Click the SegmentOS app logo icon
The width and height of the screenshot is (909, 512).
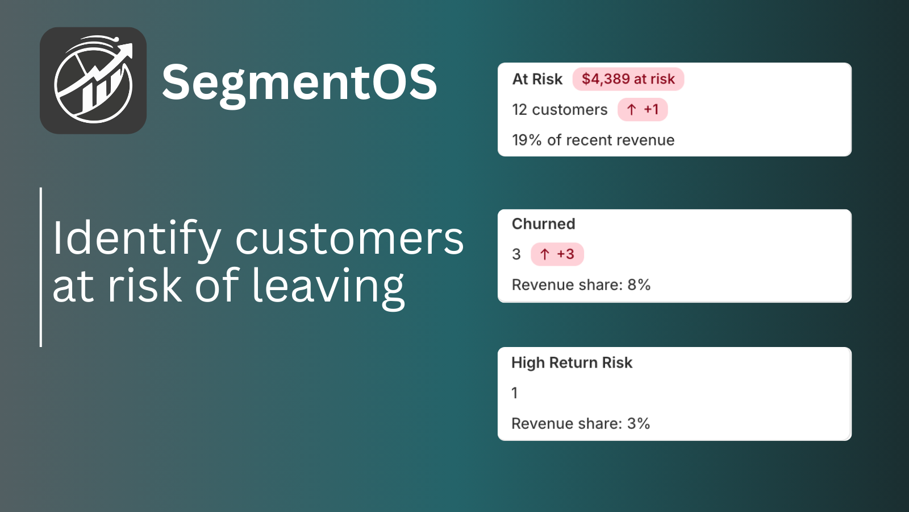pyautogui.click(x=93, y=81)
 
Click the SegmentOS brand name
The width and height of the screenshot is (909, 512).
pyautogui.click(x=299, y=82)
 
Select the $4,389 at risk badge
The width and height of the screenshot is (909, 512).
pyautogui.click(x=628, y=79)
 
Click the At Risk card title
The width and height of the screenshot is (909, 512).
pyautogui.click(x=537, y=79)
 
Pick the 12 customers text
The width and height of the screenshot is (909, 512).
pyautogui.click(x=560, y=110)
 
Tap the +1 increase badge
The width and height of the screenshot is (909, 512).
pyautogui.click(x=643, y=110)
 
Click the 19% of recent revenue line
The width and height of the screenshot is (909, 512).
pyautogui.click(x=593, y=141)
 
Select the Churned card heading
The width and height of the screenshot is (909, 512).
pyautogui.click(x=543, y=224)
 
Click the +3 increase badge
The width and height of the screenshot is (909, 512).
pyautogui.click(x=557, y=254)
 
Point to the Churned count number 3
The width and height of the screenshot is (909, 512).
pyautogui.click(x=516, y=254)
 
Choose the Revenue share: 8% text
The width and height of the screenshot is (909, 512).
pyautogui.click(x=581, y=285)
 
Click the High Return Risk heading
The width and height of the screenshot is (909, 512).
pyautogui.click(x=572, y=362)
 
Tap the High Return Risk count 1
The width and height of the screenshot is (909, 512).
pyautogui.click(x=515, y=393)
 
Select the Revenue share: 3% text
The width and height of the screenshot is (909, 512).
pyautogui.click(x=580, y=424)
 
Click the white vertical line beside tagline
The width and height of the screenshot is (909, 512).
pyautogui.click(x=41, y=267)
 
